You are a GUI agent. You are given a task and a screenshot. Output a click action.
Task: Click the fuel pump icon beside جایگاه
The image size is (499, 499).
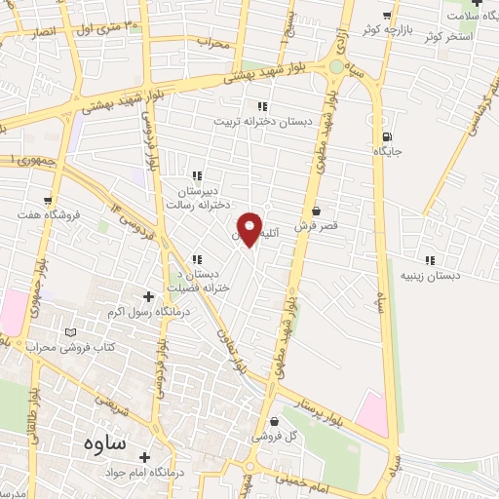[x=388, y=137]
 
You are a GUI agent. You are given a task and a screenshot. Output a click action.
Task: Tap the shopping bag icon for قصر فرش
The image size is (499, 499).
[x=316, y=211]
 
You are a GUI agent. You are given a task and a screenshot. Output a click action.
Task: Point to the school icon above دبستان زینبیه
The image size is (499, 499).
[x=430, y=260]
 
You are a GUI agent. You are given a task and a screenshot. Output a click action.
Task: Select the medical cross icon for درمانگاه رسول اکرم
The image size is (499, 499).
[x=148, y=296]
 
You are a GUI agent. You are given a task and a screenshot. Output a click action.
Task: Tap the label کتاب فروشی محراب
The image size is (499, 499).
[x=70, y=347]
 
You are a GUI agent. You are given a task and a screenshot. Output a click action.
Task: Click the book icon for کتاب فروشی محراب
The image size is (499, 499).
[x=69, y=332]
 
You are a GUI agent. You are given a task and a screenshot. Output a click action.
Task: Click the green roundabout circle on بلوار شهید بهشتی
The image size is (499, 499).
[x=337, y=67]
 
